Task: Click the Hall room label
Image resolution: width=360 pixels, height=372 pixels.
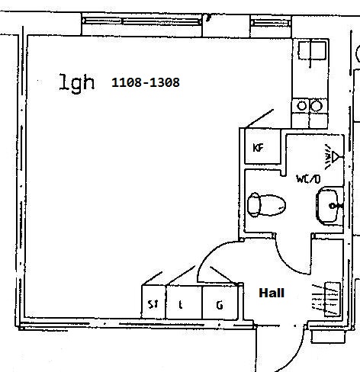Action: tap(272, 293)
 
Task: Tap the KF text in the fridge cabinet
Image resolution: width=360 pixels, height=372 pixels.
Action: tap(259, 148)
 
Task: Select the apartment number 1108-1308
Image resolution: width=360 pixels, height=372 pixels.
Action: tap(146, 82)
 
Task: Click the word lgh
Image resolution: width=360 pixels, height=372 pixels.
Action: tap(76, 82)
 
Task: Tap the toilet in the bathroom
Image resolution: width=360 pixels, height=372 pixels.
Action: tap(266, 204)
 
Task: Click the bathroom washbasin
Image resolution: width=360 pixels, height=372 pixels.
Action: tap(329, 205)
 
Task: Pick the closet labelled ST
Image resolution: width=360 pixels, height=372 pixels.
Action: tap(153, 302)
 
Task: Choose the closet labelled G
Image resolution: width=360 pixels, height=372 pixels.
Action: tap(220, 302)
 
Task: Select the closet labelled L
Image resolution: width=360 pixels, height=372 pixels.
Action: tap(184, 302)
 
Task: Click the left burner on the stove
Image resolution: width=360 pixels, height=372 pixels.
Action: tap(302, 106)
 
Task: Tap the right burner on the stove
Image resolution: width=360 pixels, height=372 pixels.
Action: tap(317, 106)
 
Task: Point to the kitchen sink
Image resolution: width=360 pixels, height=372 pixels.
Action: tap(312, 51)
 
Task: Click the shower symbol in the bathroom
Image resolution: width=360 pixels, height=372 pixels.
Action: tap(332, 157)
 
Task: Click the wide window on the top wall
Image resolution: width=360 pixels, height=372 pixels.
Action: tap(142, 21)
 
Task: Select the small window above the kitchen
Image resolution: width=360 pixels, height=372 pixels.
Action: tap(271, 23)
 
